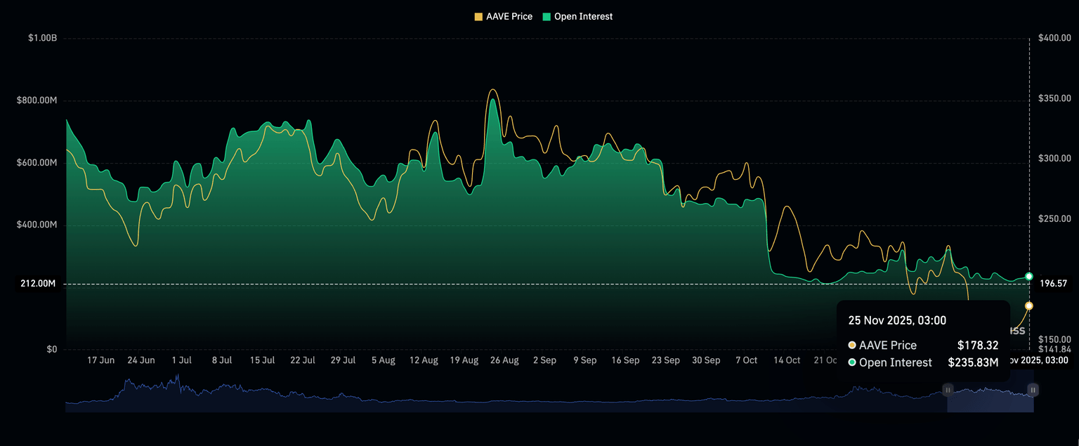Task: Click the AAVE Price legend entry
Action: [504, 16]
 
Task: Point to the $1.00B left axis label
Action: [42, 38]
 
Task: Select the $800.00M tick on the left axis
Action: [37, 100]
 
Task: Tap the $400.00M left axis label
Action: [37, 225]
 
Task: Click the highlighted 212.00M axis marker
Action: [38, 284]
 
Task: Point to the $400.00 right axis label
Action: [1054, 38]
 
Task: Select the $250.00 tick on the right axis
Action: [1054, 219]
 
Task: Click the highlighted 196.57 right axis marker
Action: [1054, 284]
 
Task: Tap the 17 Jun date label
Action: [100, 360]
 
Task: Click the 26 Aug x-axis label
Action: [504, 360]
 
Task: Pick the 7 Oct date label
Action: [746, 360]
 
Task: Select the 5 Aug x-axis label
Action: [383, 360]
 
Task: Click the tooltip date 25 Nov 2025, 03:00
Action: [897, 320]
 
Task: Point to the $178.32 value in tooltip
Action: [978, 346]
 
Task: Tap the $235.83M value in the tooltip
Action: [974, 362]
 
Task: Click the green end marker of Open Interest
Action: [1029, 277]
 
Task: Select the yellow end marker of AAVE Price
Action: [1029, 306]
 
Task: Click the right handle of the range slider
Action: [1033, 389]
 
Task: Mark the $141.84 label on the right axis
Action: [1054, 349]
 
